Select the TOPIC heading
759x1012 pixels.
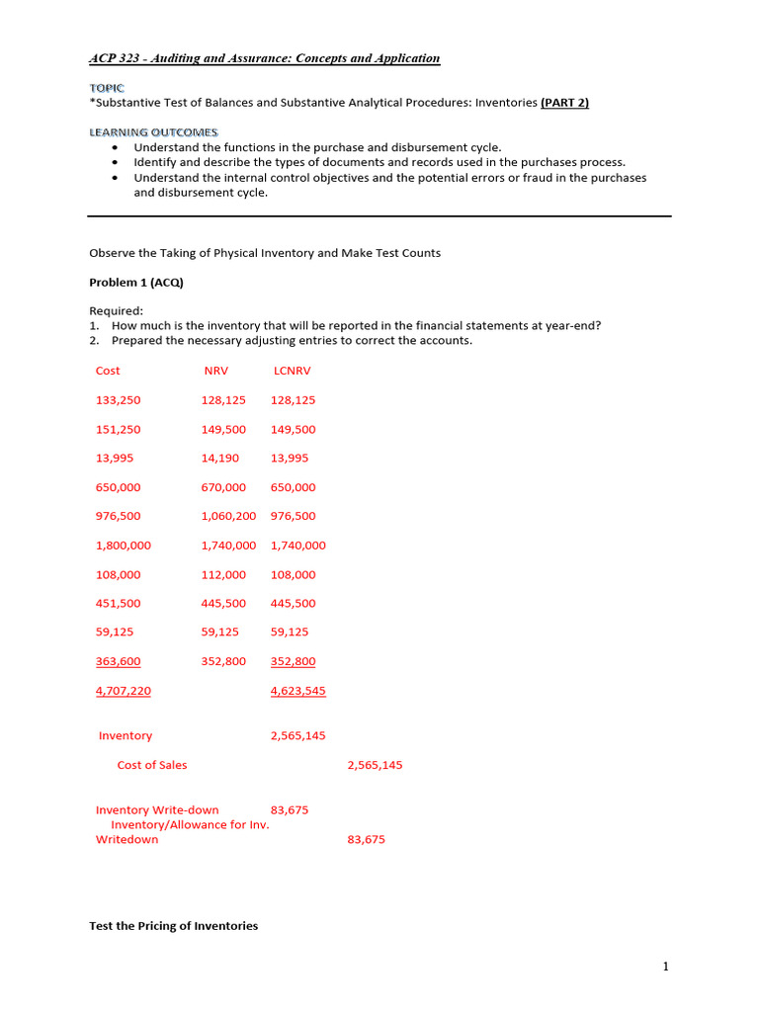(x=107, y=88)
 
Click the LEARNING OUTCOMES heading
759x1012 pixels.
(x=153, y=132)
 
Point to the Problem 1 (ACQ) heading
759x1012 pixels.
(x=136, y=283)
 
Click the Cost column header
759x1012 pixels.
(x=108, y=371)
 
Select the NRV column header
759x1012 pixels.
(x=215, y=371)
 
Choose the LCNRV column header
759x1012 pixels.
(x=292, y=371)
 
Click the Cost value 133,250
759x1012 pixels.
(x=118, y=400)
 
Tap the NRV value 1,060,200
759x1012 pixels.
(x=228, y=516)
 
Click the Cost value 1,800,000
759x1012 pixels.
(x=124, y=546)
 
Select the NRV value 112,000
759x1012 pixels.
(x=223, y=574)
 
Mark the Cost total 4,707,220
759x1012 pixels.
(x=124, y=691)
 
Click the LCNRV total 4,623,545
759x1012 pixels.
(x=297, y=691)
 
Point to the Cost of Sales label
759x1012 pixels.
(x=152, y=765)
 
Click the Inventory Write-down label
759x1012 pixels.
(x=157, y=810)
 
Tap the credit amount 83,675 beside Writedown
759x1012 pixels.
(x=366, y=840)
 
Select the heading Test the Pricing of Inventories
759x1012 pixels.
(x=173, y=926)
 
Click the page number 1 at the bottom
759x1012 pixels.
(x=665, y=967)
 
